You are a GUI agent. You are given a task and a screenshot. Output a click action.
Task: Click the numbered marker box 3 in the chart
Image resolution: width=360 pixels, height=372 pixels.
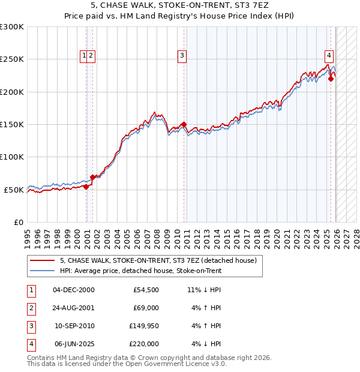coord(182,56)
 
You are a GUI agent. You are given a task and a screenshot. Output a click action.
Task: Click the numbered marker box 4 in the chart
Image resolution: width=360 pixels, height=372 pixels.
coord(329,56)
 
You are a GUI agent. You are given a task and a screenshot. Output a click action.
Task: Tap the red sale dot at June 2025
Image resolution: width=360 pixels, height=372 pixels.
coord(331,79)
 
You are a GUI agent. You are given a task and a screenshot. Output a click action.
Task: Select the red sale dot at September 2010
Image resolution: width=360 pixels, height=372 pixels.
coord(183,124)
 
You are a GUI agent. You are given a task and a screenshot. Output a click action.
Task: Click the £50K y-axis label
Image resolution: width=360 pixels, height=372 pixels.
coord(14,190)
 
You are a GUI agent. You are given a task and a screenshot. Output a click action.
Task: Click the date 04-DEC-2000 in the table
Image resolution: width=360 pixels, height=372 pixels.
coord(74,290)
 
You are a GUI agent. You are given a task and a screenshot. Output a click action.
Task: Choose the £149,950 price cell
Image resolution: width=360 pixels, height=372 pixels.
coord(144,326)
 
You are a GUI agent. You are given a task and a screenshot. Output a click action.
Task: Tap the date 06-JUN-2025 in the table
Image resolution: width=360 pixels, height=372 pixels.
coord(74,344)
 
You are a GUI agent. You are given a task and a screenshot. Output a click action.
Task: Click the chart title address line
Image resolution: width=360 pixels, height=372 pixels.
coord(180,7)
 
